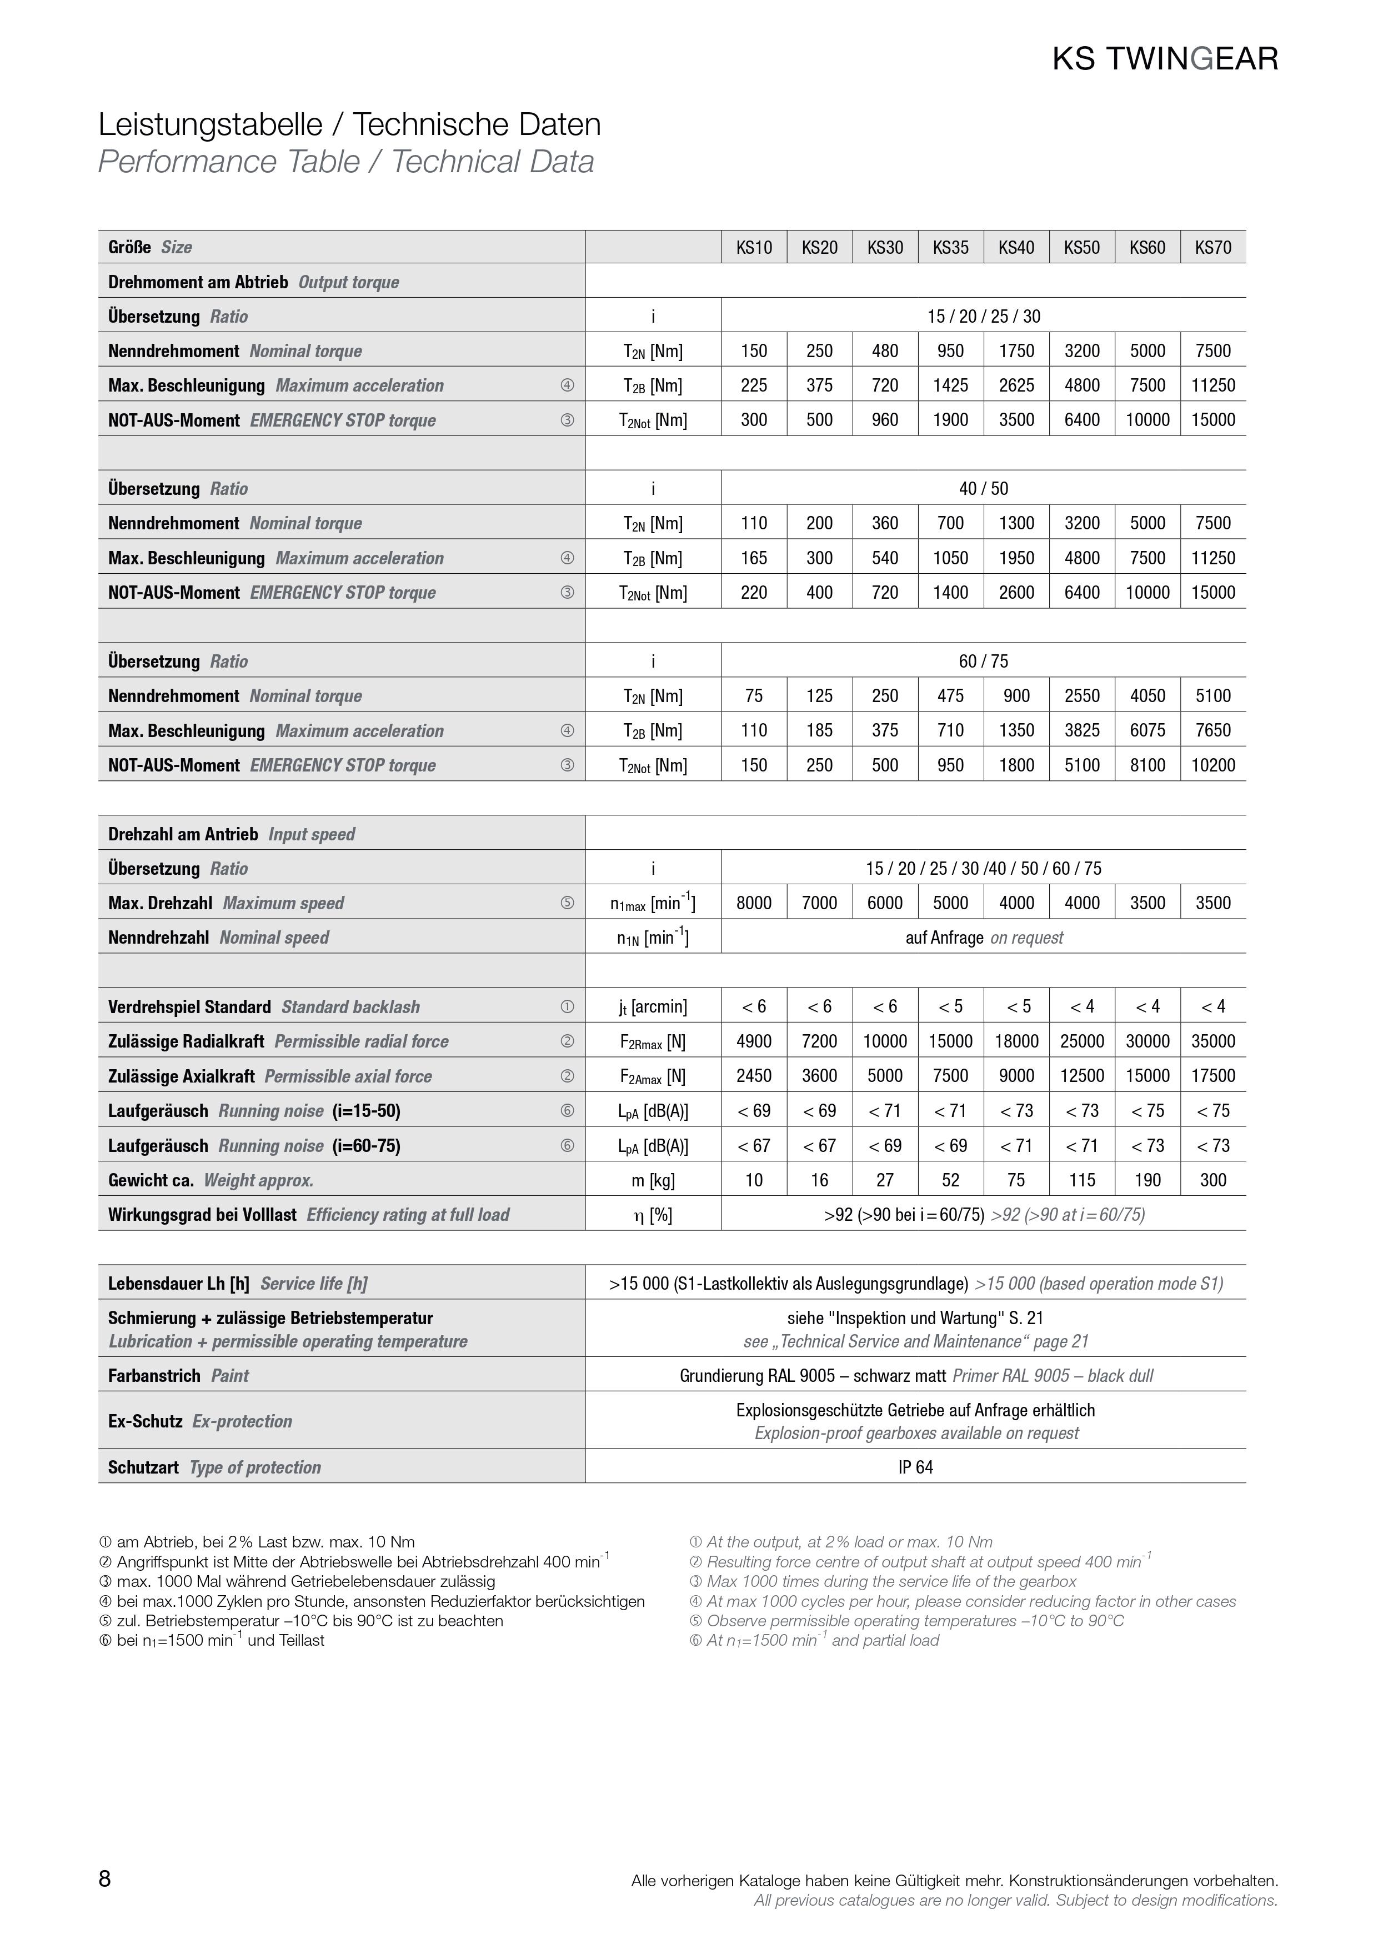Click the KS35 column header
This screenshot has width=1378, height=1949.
(950, 247)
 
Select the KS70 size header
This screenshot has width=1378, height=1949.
(1212, 247)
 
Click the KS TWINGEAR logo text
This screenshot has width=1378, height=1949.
(1165, 58)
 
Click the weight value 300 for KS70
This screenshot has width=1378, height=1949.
(1212, 1180)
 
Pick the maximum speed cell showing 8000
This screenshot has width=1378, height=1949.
(753, 903)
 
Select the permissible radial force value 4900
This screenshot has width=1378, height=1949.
(753, 1041)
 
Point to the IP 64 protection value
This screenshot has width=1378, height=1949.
(915, 1467)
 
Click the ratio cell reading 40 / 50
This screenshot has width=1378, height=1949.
(983, 489)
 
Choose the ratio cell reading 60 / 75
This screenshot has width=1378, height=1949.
(983, 662)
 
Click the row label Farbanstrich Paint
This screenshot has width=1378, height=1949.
(178, 1376)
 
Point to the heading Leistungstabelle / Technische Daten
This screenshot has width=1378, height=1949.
(349, 125)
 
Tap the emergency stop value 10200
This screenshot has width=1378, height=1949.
(1212, 765)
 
